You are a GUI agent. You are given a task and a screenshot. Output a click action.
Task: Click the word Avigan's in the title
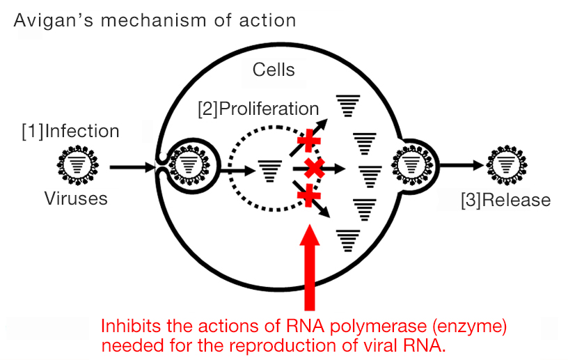click(53, 21)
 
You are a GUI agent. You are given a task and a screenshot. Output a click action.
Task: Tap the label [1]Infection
click(70, 131)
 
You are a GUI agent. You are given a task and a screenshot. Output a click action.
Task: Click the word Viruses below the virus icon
click(76, 198)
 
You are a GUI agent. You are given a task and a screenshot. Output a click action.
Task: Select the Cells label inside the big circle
click(274, 70)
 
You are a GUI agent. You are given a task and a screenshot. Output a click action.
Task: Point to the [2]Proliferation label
click(258, 109)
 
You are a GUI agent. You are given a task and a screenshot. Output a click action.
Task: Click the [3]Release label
click(505, 200)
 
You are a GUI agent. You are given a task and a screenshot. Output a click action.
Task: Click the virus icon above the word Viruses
click(77, 165)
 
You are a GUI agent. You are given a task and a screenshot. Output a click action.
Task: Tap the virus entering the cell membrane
click(189, 166)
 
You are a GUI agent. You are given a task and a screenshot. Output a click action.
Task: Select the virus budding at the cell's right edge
click(412, 166)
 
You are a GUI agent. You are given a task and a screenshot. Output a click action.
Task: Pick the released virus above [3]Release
click(507, 165)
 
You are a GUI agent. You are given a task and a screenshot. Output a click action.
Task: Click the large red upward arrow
click(310, 267)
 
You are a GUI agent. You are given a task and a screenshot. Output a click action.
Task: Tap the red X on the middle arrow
click(314, 169)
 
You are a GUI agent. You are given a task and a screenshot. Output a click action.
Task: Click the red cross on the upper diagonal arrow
click(308, 141)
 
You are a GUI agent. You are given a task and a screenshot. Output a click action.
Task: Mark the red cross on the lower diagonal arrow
click(308, 196)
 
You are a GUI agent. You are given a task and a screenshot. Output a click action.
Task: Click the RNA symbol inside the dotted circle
click(269, 171)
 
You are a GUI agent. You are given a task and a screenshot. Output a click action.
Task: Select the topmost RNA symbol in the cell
click(348, 106)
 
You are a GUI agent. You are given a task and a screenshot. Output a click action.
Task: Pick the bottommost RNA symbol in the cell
click(348, 241)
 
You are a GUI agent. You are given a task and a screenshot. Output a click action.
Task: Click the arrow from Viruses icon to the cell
click(132, 167)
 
